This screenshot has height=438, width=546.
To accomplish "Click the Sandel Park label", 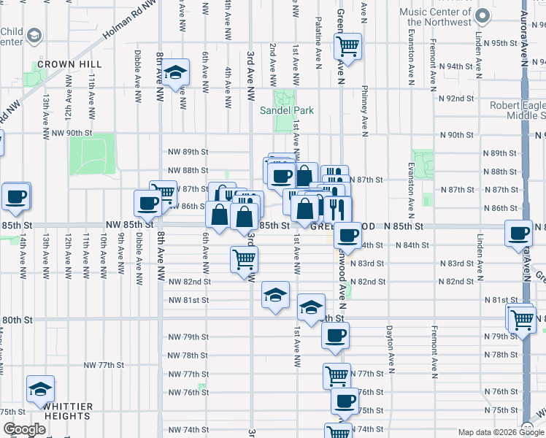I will click(287, 111).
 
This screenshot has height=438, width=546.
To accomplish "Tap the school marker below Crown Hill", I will click(175, 73).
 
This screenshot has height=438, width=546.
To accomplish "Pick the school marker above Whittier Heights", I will click(41, 389).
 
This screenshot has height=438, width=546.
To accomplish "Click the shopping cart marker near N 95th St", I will click(349, 47).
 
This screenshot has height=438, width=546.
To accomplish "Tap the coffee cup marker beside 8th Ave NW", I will click(147, 204).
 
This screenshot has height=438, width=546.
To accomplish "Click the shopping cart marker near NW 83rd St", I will click(244, 259).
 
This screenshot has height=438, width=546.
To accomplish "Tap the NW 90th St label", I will click(74, 134).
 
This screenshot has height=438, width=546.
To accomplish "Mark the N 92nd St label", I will click(456, 98).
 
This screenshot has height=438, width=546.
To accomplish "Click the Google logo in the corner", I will click(24, 430).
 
